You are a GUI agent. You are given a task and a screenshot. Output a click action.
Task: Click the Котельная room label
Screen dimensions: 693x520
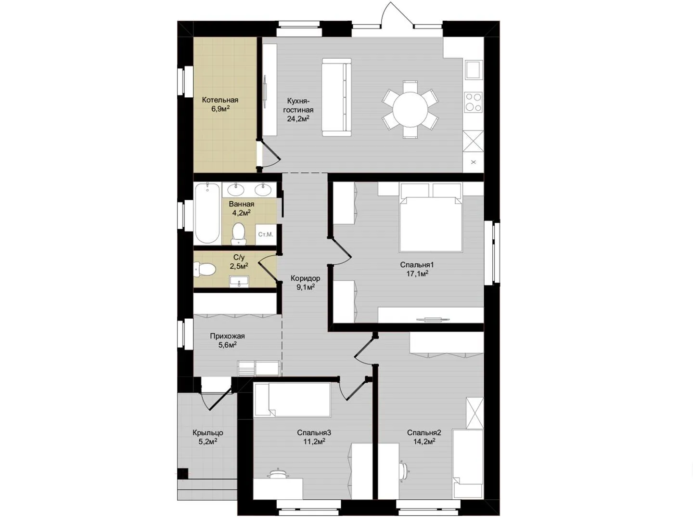[220, 100]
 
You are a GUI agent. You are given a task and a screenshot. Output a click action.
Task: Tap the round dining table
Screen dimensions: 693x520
[410, 109]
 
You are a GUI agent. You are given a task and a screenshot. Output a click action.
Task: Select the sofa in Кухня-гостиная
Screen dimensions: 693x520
[336, 97]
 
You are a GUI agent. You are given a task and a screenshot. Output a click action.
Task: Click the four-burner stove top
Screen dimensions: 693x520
[474, 102]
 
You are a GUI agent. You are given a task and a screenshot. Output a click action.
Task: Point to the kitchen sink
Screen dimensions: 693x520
[473, 69]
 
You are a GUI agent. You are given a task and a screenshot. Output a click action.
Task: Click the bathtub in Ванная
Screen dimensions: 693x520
[207, 213]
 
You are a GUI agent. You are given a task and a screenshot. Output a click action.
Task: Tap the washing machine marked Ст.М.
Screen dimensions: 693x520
[266, 234]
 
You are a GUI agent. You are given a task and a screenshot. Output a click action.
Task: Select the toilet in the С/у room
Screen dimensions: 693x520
[205, 270]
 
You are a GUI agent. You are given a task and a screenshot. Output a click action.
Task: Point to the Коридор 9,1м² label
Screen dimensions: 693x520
[305, 283]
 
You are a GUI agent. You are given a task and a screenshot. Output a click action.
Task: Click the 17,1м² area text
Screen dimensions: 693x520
[417, 274]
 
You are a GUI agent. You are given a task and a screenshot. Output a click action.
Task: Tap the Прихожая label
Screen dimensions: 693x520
[227, 336]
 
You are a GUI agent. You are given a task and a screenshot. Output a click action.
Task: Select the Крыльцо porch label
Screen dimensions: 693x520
[208, 433]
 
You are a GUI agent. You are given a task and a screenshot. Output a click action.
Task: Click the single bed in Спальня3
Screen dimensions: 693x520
[293, 400]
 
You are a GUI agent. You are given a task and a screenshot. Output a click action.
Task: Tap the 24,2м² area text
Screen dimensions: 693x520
[298, 119]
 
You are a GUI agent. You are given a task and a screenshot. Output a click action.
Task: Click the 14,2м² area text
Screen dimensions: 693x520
[424, 442]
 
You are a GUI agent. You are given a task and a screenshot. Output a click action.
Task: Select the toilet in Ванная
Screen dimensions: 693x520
[238, 234]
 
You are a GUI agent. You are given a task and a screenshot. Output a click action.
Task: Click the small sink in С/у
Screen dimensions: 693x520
[239, 282]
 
